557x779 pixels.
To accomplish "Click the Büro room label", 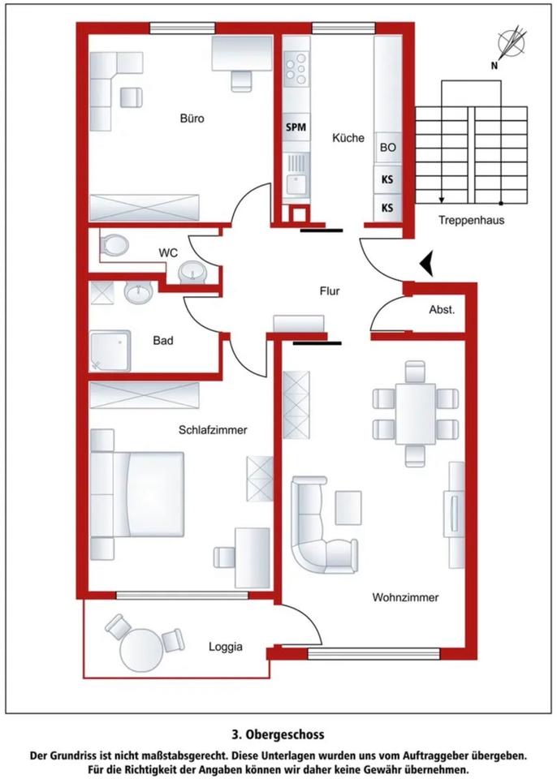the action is tap(192, 118).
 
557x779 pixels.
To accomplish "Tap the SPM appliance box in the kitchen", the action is tap(296, 127).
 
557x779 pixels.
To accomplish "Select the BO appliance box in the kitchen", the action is tap(388, 148).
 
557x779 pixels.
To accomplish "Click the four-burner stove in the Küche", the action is tap(296, 68).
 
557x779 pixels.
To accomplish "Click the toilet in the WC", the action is tap(114, 245).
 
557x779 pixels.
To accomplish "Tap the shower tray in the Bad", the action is tap(110, 351).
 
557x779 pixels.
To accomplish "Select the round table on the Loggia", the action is tap(142, 650).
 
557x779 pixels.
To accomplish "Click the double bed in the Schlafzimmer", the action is tap(137, 494).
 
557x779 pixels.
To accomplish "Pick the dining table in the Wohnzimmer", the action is tap(415, 413).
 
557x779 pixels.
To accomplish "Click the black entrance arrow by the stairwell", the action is tap(426, 263).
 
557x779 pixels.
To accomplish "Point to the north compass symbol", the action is tap(511, 45).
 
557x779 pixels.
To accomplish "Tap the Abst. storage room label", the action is tap(442, 310).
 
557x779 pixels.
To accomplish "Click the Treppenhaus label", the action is tap(471, 220).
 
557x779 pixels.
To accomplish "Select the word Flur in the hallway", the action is tap(329, 291).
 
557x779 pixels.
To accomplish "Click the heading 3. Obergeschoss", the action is tap(278, 734).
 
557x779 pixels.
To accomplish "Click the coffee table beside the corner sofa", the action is tap(348, 507).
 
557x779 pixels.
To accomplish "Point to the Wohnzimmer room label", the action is tap(405, 597).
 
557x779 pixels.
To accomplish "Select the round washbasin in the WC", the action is tap(192, 273).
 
